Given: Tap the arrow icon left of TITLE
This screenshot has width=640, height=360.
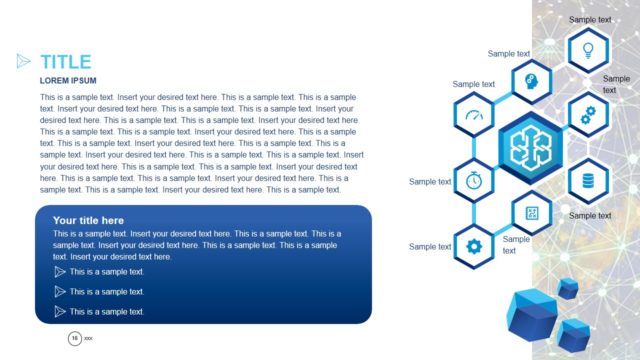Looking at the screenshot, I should [x=24, y=62].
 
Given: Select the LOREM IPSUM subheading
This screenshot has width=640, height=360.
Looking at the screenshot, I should [x=68, y=80].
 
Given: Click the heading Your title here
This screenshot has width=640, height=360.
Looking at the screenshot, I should [x=88, y=220].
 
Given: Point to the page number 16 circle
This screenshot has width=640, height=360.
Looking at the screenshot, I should [x=74, y=340].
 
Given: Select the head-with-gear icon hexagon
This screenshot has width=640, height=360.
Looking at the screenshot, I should [x=530, y=81].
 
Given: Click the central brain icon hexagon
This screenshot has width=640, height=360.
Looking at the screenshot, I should [x=530, y=147].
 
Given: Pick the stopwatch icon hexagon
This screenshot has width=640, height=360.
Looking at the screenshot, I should [x=473, y=180].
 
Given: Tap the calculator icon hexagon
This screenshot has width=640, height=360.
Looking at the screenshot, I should [x=531, y=212].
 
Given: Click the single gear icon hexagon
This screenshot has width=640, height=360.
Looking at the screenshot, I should [x=473, y=245].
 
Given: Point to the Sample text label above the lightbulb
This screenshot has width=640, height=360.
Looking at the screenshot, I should [x=590, y=19].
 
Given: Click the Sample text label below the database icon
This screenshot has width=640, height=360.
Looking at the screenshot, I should [x=590, y=215].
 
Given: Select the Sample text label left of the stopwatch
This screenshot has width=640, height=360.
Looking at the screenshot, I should [x=430, y=181].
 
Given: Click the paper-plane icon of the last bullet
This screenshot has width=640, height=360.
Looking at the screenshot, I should [x=60, y=311].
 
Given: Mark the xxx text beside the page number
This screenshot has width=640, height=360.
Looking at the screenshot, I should [x=88, y=340].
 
